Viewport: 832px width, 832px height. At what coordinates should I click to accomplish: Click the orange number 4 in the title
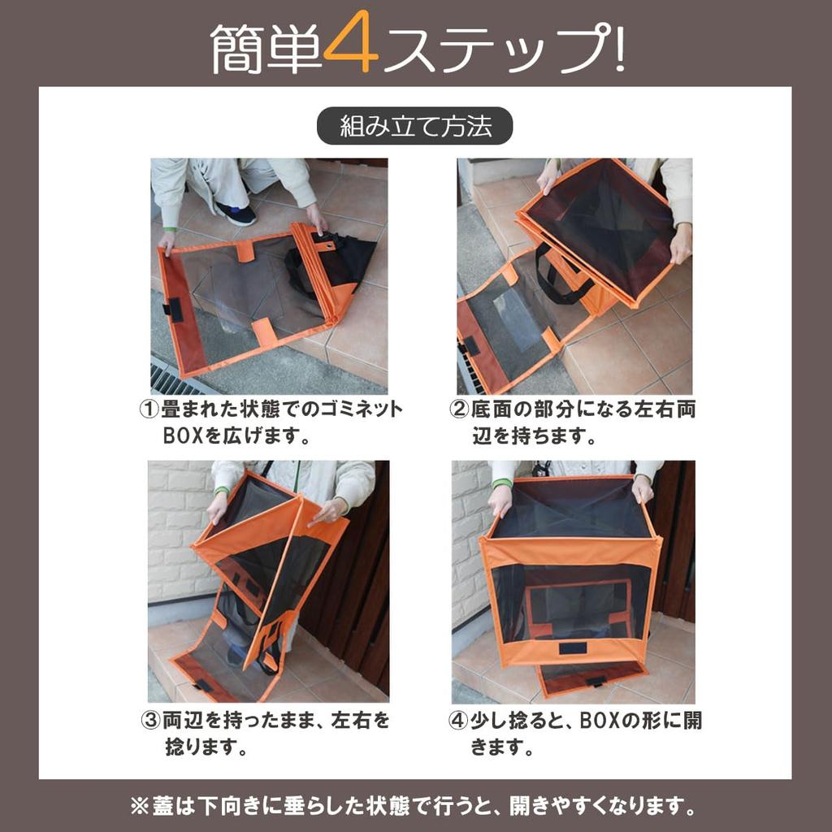coord(350,48)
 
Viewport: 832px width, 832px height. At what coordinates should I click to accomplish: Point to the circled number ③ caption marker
coord(150,721)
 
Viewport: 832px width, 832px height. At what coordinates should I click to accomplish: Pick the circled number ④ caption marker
coord(459,721)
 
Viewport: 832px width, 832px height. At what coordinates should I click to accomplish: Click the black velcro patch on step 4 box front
coord(573,648)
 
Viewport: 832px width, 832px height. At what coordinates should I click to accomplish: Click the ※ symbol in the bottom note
coord(138,807)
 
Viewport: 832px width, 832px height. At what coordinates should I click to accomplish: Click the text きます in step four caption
coord(502,747)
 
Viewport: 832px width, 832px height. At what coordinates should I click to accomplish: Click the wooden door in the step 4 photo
coord(678,536)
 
